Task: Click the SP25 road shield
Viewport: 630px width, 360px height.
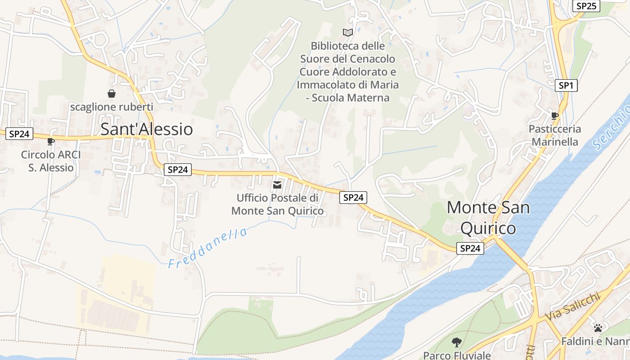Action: coord(586,6)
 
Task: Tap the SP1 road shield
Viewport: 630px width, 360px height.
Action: coord(566,85)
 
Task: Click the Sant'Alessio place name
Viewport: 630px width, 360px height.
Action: coord(147,129)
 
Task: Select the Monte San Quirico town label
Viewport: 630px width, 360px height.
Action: coord(488,218)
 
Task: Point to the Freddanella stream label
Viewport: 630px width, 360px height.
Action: coord(208,248)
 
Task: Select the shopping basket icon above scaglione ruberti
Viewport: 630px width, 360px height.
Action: coord(112,94)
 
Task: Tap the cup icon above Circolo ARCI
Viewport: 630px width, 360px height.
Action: coord(51,141)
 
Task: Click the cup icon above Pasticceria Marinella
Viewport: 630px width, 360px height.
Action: coord(555,116)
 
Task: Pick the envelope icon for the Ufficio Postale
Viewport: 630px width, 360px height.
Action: coord(277,185)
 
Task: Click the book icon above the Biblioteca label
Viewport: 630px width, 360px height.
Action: coord(348,32)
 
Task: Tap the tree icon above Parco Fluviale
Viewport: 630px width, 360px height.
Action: coord(457,342)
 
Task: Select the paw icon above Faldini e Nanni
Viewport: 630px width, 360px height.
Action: coord(598,328)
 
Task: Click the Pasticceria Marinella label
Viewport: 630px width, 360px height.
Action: coord(555,135)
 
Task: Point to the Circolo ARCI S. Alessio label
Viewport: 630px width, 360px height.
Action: coord(51,161)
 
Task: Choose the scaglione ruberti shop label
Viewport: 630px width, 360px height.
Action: coord(112,107)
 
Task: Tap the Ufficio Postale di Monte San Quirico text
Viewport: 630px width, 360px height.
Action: coord(277,204)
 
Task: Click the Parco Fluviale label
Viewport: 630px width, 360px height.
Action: coord(457,355)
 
